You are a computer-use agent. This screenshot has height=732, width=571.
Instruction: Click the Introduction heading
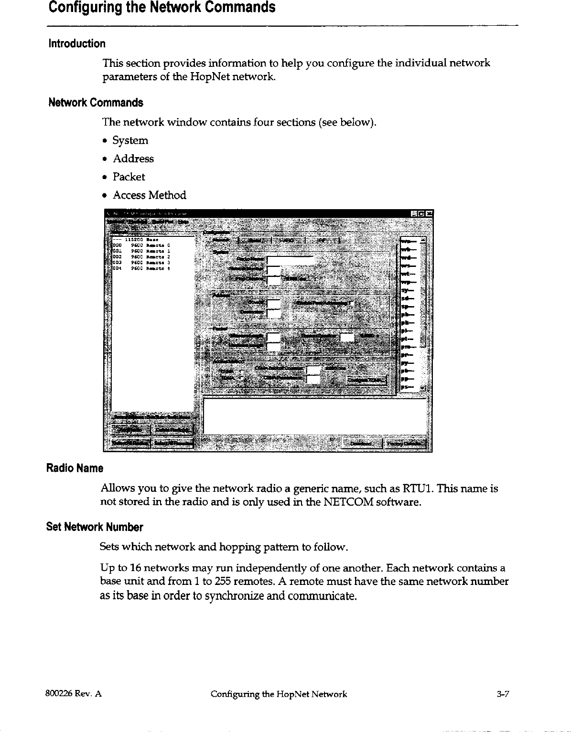pyautogui.click(x=76, y=44)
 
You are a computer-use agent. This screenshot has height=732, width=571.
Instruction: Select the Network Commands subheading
pyautogui.click(x=96, y=103)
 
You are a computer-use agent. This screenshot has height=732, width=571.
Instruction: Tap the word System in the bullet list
pyautogui.click(x=130, y=140)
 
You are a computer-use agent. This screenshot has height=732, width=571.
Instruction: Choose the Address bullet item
pyautogui.click(x=133, y=159)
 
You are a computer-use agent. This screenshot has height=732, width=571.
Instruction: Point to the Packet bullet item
pyautogui.click(x=129, y=177)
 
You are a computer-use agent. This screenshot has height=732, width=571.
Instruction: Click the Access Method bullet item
pyautogui.click(x=149, y=195)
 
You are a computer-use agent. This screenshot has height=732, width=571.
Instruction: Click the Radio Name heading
pyautogui.click(x=75, y=468)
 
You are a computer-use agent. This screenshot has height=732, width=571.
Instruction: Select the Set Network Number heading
pyautogui.click(x=95, y=527)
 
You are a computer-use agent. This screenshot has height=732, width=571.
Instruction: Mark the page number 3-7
pyautogui.click(x=503, y=694)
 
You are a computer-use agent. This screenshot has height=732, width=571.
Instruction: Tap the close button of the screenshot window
pyautogui.click(x=429, y=213)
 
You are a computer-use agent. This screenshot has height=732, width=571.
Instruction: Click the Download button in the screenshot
pyautogui.click(x=362, y=444)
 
